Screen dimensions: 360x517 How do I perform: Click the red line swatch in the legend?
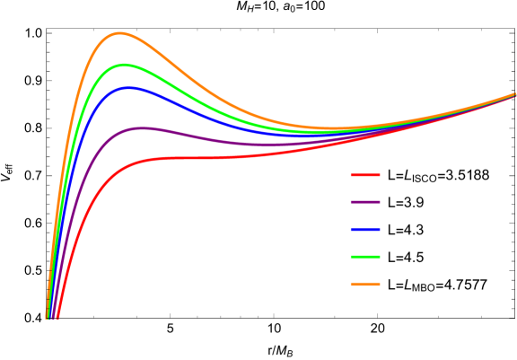click(364, 175)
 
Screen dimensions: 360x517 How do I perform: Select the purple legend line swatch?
click(364, 202)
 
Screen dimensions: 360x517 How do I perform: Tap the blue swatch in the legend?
click(364, 230)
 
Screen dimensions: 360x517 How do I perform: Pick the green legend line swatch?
click(364, 257)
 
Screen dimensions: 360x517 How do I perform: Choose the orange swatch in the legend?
click(364, 284)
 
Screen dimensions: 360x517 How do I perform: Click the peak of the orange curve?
click(119, 33)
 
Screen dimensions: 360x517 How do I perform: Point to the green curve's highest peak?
click(124, 65)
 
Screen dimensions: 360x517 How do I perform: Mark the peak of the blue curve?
click(128, 87)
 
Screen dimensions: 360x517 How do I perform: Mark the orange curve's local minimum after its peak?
click(332, 127)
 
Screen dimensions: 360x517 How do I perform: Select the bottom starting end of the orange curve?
click(48, 316)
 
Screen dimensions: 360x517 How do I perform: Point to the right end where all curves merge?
click(513, 94)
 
